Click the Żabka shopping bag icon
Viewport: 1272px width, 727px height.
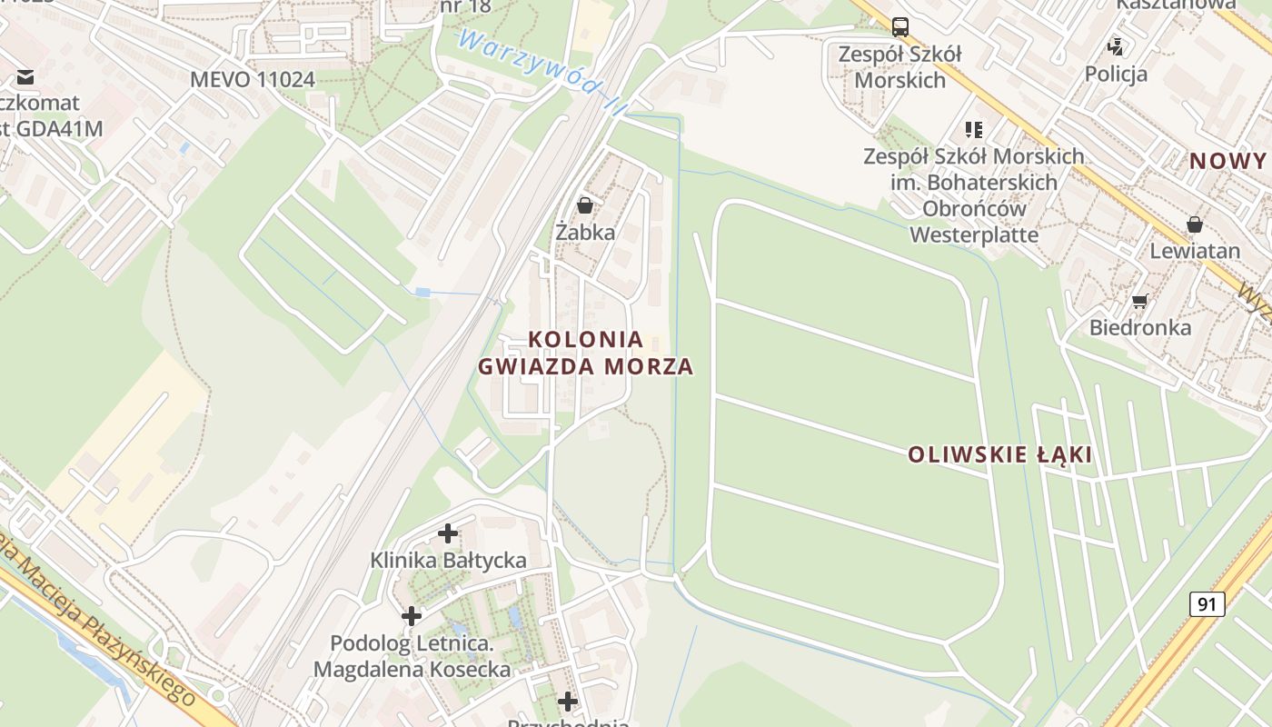point(585,205)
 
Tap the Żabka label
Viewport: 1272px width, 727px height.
point(585,232)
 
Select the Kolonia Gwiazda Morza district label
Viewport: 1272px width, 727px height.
point(585,353)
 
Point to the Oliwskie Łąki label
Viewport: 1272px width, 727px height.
point(999,454)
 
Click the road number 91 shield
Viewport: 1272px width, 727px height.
point(1207,604)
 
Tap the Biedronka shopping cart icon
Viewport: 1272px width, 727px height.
point(1139,301)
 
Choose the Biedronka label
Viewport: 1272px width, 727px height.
point(1139,327)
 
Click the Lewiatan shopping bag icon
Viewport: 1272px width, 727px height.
point(1195,224)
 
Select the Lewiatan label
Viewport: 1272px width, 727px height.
point(1195,251)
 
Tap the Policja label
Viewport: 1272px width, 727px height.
point(1116,74)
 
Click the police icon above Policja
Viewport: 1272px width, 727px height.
point(1116,46)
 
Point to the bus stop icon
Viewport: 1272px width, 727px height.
point(899,26)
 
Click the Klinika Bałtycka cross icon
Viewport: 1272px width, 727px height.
point(448,533)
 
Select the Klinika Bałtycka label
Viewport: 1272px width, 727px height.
point(448,560)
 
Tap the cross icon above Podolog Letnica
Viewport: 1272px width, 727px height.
point(412,616)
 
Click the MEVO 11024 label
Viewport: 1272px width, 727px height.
point(253,79)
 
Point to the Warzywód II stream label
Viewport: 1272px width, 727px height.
point(542,74)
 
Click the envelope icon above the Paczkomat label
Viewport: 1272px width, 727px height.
point(25,76)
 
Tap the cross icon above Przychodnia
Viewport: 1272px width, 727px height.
point(568,702)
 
